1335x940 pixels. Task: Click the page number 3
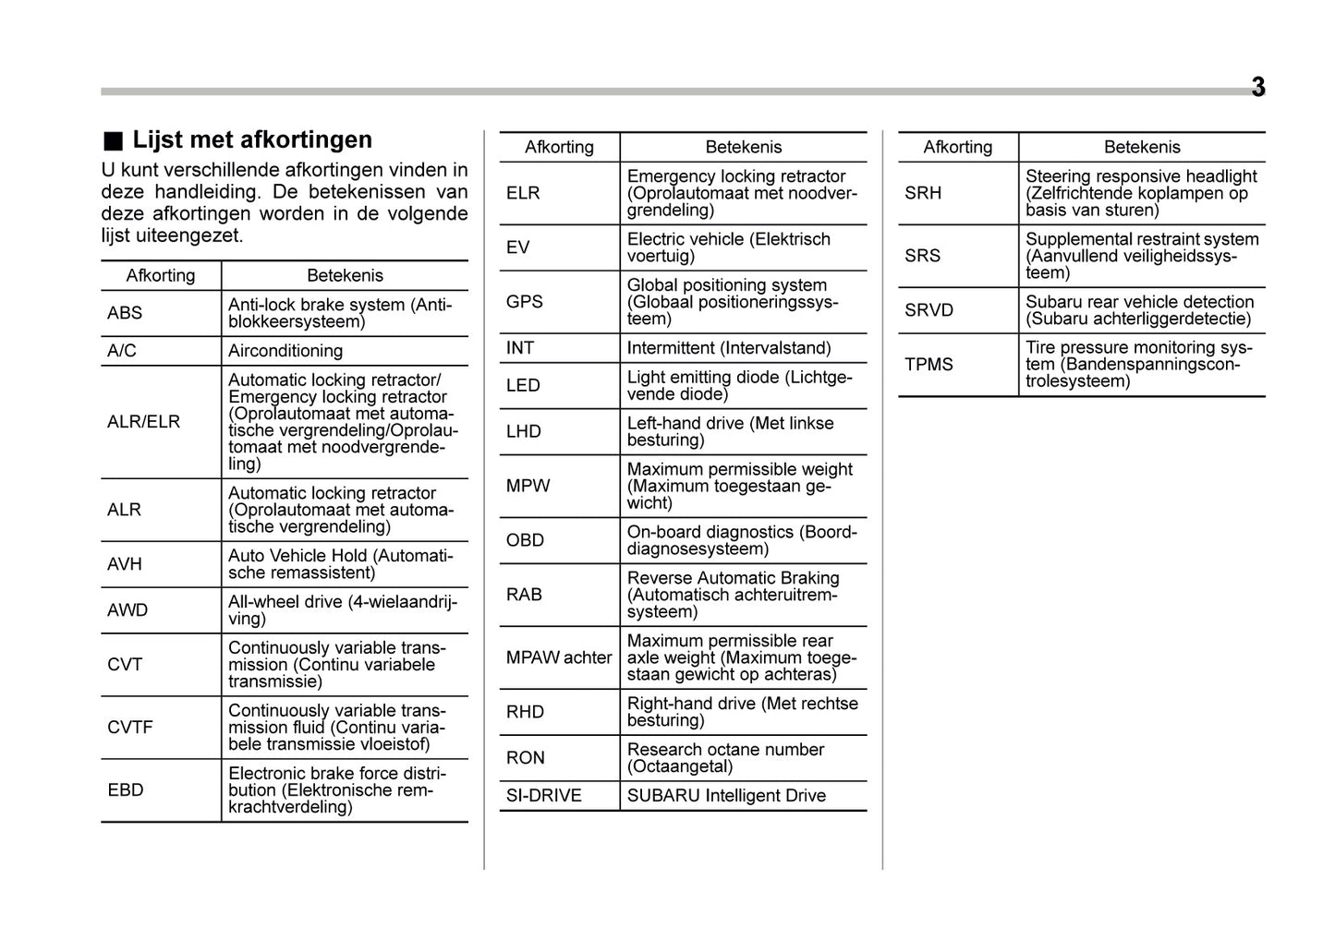1257,88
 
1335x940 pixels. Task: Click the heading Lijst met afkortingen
251,139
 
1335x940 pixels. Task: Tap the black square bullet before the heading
112,141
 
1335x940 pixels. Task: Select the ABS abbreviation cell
125,313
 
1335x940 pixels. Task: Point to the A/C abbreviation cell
121,351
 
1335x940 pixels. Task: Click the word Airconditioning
285,351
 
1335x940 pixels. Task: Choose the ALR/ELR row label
143,422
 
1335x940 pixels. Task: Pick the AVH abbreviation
125,564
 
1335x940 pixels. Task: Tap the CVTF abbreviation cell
130,728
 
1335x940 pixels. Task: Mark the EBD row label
126,790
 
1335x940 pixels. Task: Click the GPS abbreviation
524,302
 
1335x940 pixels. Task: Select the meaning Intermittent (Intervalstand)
728,348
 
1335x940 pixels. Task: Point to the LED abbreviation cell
523,386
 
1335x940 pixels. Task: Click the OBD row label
525,540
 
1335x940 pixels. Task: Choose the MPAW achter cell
559,657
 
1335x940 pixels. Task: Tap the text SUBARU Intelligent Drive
726,796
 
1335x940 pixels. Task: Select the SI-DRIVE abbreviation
543,796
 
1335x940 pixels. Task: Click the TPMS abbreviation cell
928,365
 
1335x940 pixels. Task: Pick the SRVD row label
928,310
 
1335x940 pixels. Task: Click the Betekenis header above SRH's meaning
1142,147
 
